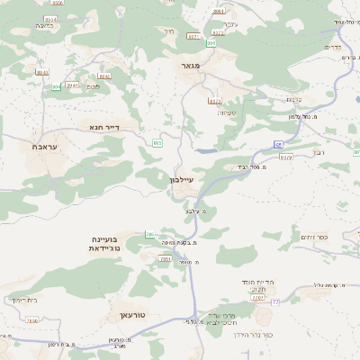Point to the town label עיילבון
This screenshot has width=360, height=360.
[181, 179]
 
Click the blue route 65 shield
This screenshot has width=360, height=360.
[279, 144]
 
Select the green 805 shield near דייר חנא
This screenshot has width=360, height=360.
[157, 142]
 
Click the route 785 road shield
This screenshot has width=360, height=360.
[150, 235]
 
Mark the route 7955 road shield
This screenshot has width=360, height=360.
[32, 319]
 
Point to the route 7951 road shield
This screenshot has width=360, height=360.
[165, 258]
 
